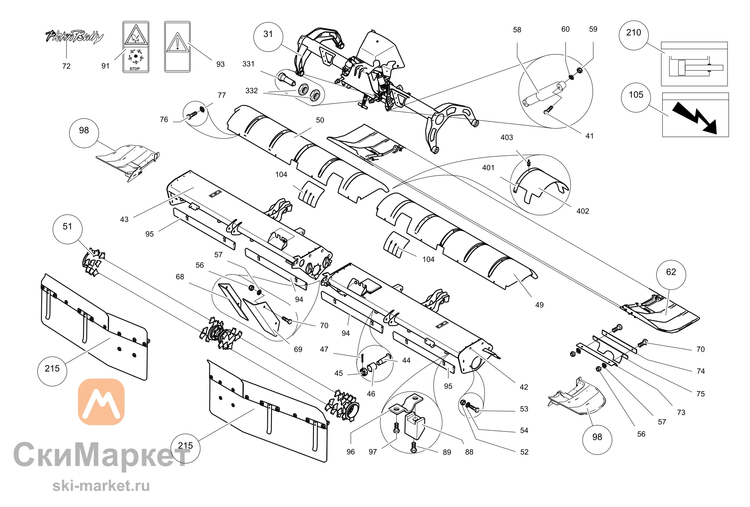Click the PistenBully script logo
pos(74,36)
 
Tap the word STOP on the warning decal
pos(135,69)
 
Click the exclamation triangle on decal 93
pos(177,42)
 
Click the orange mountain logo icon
pos(101,402)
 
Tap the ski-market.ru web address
pos(101,486)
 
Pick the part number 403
pos(507,138)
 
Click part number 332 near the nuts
pos(252,91)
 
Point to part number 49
pos(539,305)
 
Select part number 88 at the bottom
pos(469,452)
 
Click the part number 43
pos(124,219)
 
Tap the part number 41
pos(589,136)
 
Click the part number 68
pos(180,277)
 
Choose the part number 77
pos(222,95)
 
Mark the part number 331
pos(248,64)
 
